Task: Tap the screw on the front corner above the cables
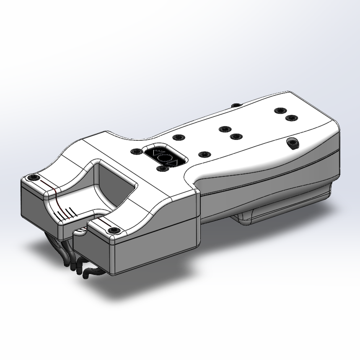113,231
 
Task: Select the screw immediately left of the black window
135,151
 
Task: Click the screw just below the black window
162,168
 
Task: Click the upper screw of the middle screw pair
225,129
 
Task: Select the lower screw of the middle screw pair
236,137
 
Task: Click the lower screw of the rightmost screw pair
292,118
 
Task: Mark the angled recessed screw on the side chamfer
293,144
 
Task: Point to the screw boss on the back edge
236,105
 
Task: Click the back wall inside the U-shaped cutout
115,178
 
